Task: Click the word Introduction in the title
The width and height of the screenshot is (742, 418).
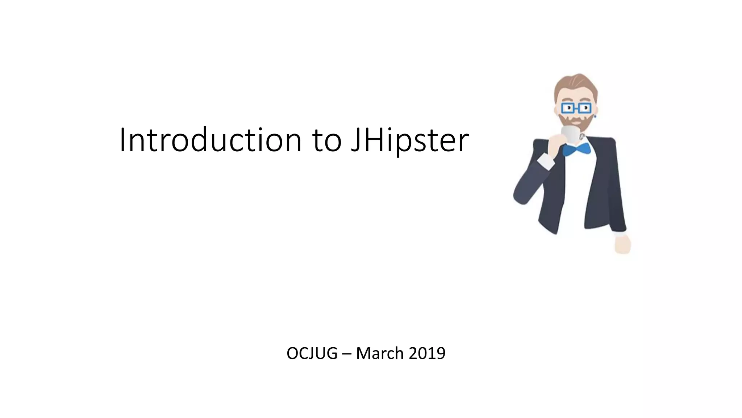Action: (210, 140)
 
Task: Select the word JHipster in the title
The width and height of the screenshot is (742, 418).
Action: (410, 141)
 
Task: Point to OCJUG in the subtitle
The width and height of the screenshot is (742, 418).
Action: (312, 353)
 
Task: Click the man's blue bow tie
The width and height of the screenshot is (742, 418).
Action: (576, 149)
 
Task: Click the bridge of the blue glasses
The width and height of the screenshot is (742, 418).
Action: (576, 108)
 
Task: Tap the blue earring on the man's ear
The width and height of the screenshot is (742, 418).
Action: (595, 116)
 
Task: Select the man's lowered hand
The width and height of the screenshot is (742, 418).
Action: (623, 244)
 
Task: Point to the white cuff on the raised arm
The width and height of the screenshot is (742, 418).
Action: (546, 160)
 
